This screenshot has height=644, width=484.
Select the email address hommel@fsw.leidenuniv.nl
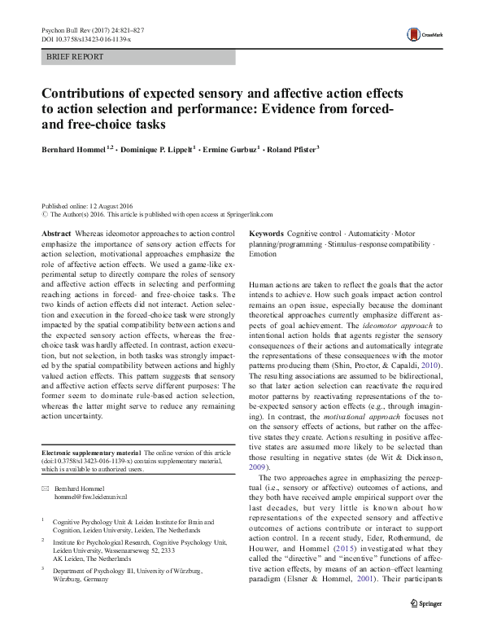(89, 495)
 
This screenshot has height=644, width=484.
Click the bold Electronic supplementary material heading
(90, 452)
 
